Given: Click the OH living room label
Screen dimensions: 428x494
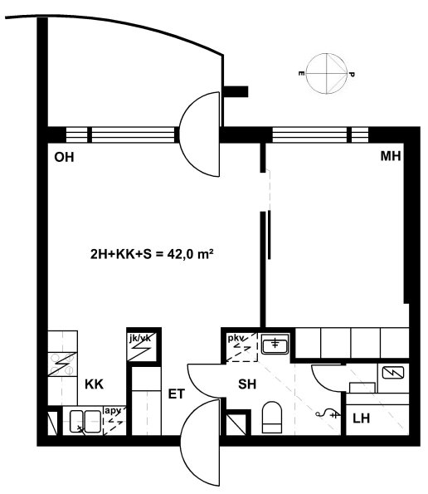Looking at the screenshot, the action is [64, 157].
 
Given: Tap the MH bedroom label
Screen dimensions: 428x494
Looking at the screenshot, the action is [391, 156].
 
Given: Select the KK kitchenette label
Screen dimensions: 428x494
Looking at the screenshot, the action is [94, 384].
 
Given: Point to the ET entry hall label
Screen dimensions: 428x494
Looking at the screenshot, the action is [176, 394].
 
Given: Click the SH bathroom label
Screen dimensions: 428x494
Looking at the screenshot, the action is [247, 384].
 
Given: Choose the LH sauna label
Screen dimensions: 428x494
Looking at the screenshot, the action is [361, 418].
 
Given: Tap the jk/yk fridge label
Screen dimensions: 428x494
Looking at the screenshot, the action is [140, 339].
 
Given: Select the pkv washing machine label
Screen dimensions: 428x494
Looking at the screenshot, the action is [236, 339].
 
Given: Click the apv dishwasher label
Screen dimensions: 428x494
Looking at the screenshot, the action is [113, 411].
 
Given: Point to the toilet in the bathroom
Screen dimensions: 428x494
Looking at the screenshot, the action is [272, 418].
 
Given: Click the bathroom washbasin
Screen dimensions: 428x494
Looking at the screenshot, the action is [275, 344].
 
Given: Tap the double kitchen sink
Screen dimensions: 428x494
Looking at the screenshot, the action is [85, 421].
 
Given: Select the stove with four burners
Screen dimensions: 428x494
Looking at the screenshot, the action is [62, 364].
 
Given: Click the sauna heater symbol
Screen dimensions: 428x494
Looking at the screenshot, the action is [393, 373].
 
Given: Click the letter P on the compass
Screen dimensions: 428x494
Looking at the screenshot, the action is [352, 75].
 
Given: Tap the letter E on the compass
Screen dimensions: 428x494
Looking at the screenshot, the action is [301, 74].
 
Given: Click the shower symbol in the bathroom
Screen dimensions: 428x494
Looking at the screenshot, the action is [328, 413].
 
